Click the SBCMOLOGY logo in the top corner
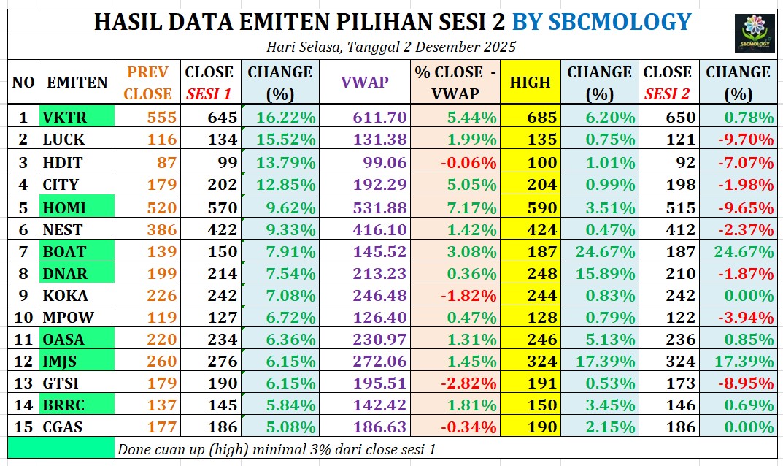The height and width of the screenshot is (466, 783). [754, 32]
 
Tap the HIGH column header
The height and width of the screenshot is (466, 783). [530, 83]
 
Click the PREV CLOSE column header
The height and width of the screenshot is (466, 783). [148, 83]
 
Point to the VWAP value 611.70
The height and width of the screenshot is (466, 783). [377, 117]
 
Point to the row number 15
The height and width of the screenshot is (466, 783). [23, 427]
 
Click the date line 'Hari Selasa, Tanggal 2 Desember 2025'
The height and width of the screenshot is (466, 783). [391, 47]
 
